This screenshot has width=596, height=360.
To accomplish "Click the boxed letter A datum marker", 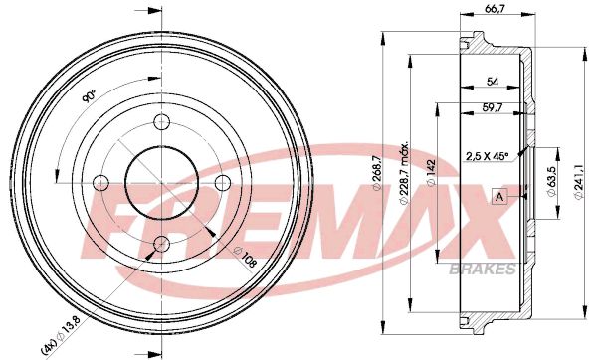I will [497, 195].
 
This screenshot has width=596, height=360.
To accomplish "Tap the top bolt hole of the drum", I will [160, 122].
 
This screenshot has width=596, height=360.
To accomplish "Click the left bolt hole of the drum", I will [99, 183].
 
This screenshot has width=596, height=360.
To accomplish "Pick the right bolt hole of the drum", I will [222, 182].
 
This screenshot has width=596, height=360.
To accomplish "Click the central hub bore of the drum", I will [160, 183].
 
